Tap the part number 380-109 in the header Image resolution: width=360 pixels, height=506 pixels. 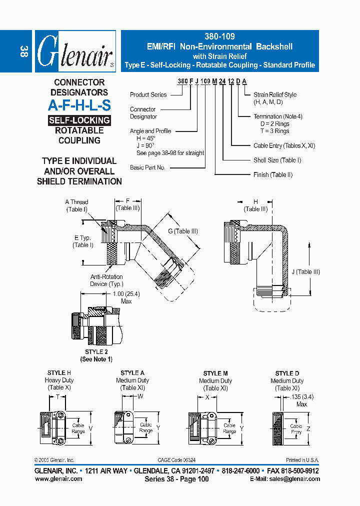tap(219, 36)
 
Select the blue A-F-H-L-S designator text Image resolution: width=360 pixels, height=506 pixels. tap(79, 105)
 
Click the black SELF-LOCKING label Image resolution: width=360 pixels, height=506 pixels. tap(79, 120)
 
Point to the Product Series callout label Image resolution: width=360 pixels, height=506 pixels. tap(148, 94)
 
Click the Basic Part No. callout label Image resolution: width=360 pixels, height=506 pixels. tap(147, 167)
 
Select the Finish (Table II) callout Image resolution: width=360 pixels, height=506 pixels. tap(272, 174)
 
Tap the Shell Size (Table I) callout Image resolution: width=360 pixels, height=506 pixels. tap(276, 160)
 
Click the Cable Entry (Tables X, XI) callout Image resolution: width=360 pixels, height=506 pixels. tap(284, 145)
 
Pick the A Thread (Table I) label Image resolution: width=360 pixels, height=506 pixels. tap(77, 205)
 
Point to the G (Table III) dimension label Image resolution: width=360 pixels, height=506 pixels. tap(183, 231)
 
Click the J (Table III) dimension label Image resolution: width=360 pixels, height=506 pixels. tap(305, 272)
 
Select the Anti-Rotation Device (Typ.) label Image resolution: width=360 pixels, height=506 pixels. tap(106, 280)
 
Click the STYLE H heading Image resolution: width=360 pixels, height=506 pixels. tap(59, 373)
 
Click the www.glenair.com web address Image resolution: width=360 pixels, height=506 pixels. tap(59, 479)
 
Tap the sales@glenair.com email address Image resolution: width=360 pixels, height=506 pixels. tap(285, 479)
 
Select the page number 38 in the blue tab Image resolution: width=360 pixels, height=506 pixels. tap(23, 51)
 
